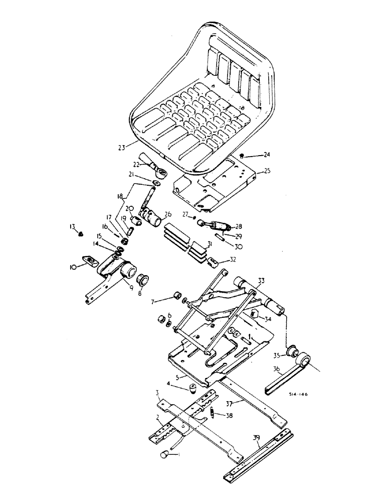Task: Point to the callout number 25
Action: [x=267, y=172]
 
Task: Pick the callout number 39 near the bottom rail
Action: [x=257, y=438]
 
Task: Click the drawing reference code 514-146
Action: [x=298, y=395]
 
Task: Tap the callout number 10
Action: [x=74, y=268]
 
